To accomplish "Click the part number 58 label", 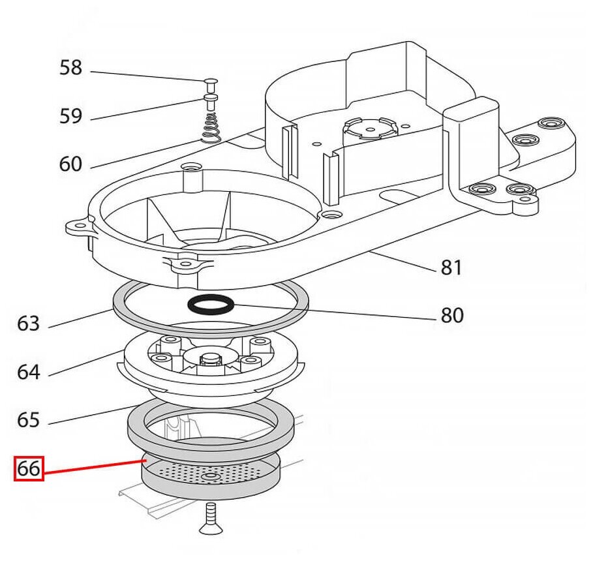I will click(x=70, y=68).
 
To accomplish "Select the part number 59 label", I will click(x=70, y=116).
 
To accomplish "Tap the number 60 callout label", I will click(x=70, y=164).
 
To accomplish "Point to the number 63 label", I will click(x=29, y=324).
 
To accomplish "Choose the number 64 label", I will click(x=29, y=372).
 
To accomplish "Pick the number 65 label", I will click(x=29, y=420).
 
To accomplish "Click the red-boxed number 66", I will click(x=29, y=468).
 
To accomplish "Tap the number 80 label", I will click(x=451, y=316).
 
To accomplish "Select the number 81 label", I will click(x=451, y=267).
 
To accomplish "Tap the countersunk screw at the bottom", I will click(x=209, y=519).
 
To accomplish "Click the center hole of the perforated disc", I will click(x=210, y=479).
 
